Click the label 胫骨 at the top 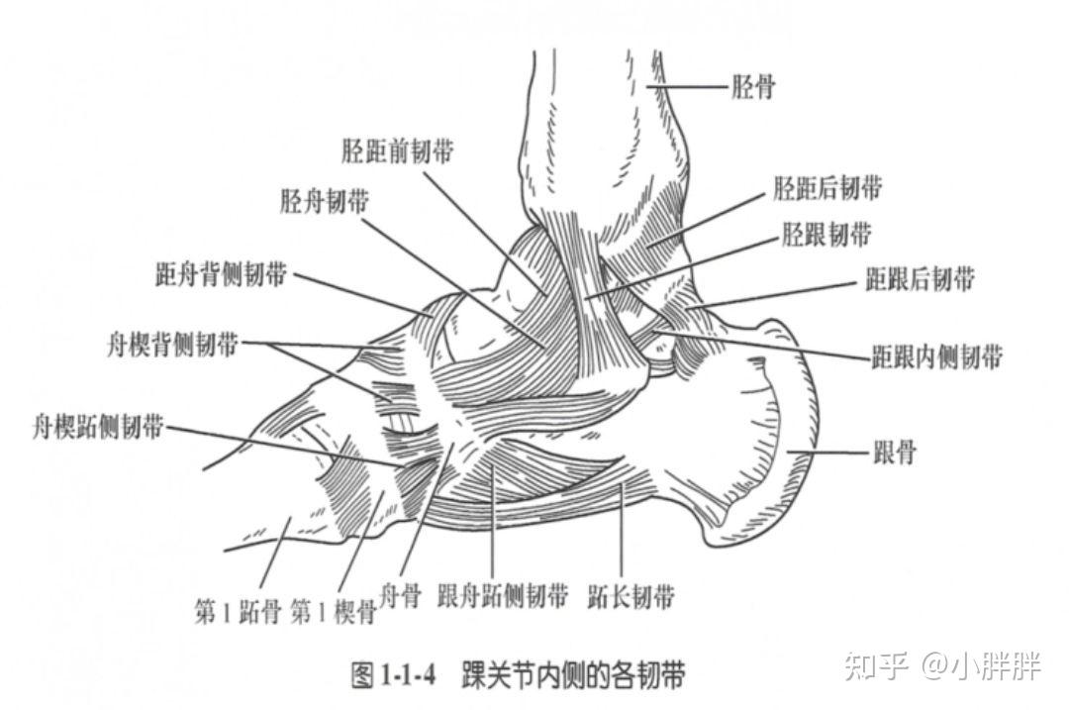(752, 87)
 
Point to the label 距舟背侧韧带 (221, 274)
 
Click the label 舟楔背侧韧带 (172, 346)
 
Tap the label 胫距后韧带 (827, 187)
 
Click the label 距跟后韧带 (920, 279)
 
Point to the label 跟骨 (894, 455)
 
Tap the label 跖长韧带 (631, 596)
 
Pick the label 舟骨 (401, 596)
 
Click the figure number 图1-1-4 (395, 676)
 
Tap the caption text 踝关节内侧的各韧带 (572, 676)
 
